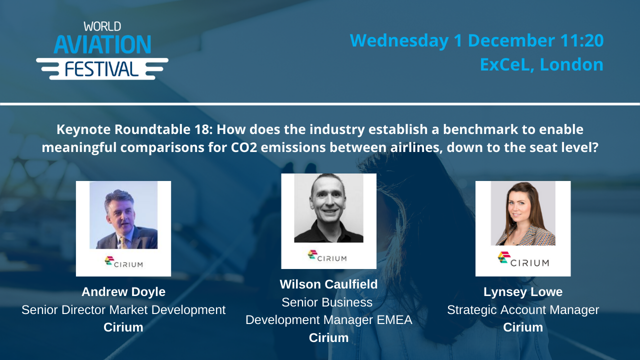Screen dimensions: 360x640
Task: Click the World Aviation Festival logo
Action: [x=102, y=50]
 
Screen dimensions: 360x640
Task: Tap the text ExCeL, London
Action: [x=541, y=64]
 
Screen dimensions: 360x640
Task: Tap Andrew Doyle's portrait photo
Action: [x=123, y=215]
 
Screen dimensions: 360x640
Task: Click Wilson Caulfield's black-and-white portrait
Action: [x=328, y=208]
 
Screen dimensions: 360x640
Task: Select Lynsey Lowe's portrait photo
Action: [x=523, y=213]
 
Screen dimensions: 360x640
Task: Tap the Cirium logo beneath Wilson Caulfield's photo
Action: [x=327, y=256]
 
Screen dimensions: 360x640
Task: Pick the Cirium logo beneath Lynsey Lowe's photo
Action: [x=523, y=259]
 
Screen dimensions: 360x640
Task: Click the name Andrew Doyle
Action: [x=123, y=292]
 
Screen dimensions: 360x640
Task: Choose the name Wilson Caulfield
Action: [x=328, y=284]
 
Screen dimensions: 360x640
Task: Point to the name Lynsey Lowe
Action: [x=523, y=292]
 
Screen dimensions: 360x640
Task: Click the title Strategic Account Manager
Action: [x=523, y=310]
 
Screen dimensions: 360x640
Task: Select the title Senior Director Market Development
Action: [x=123, y=310]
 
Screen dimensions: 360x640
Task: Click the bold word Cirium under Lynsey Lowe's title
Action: [x=523, y=327]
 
